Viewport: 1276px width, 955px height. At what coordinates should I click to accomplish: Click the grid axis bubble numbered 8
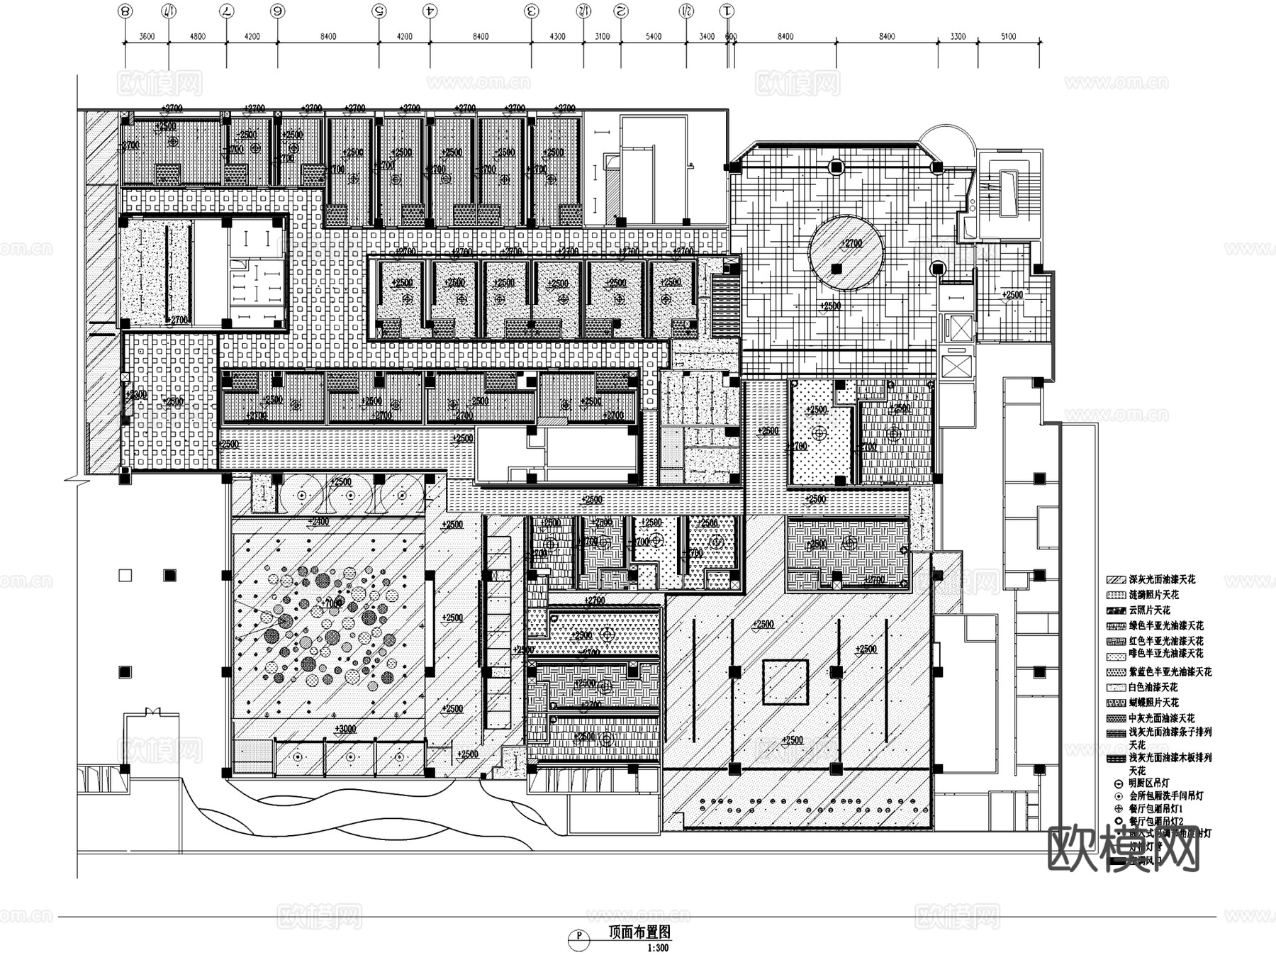(125, 11)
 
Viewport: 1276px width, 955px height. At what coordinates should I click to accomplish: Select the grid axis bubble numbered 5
(379, 11)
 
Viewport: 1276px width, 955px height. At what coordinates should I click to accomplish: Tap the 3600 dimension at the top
(147, 36)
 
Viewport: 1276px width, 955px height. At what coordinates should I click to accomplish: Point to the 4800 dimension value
(197, 36)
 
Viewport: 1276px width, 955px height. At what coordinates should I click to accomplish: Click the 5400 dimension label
(653, 36)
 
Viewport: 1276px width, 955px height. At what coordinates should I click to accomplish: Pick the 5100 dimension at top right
(1008, 36)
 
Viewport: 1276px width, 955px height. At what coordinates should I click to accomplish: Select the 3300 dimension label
(958, 36)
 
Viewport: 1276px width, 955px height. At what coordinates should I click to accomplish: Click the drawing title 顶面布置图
(639, 933)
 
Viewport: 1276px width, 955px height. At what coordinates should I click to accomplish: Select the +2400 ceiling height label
(318, 522)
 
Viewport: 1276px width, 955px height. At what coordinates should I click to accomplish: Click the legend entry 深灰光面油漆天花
(1161, 579)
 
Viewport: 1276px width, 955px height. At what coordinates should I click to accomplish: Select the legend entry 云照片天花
(1149, 610)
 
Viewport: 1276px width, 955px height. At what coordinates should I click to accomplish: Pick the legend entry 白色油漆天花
(1153, 687)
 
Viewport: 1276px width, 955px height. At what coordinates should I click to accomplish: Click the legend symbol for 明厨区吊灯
(1119, 784)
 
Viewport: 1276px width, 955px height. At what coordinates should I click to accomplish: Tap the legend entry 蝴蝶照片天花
(1153, 702)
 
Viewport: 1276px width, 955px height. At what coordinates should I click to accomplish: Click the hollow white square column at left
(125, 575)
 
